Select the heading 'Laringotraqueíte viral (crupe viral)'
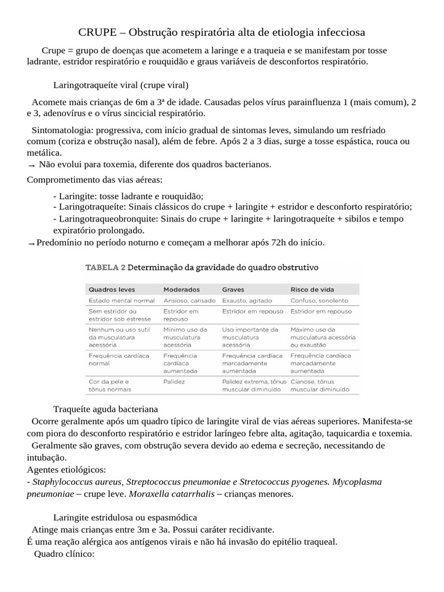[x=121, y=85]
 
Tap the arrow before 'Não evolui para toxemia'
[x=31, y=165]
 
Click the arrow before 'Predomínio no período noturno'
[x=31, y=243]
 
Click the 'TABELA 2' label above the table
[x=105, y=268]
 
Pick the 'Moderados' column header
[x=182, y=289]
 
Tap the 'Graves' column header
[x=233, y=289]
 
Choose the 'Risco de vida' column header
[x=312, y=289]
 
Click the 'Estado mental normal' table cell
[x=121, y=301]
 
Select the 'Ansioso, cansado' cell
[x=189, y=301]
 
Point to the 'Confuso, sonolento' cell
[x=319, y=301]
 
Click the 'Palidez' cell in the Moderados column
[x=175, y=382]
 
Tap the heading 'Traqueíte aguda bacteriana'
[x=105, y=409]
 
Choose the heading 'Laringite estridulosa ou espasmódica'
[x=125, y=517]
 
